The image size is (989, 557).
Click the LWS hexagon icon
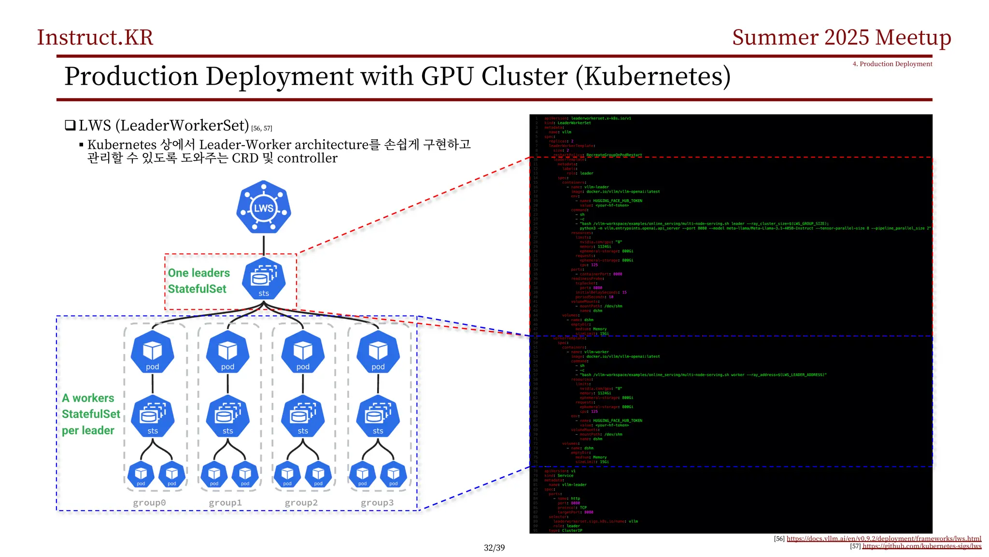click(x=264, y=208)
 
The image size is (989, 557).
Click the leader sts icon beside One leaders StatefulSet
click(x=264, y=279)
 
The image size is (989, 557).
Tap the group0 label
click(x=149, y=503)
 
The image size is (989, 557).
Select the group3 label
click(x=377, y=503)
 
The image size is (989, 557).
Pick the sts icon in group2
click(x=303, y=416)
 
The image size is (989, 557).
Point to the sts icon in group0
click(x=153, y=416)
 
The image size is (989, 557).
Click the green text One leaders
click(x=199, y=273)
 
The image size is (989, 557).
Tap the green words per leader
click(x=88, y=430)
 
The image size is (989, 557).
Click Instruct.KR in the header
click(x=95, y=38)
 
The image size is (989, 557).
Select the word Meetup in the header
click(x=913, y=38)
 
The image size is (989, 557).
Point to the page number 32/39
click(x=494, y=548)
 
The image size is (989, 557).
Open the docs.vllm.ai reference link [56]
click(x=884, y=539)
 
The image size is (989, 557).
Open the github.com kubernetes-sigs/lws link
click(x=921, y=546)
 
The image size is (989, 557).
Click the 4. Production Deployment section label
click(x=892, y=64)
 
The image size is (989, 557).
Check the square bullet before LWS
click(x=70, y=126)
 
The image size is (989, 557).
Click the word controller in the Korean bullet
click(x=307, y=159)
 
